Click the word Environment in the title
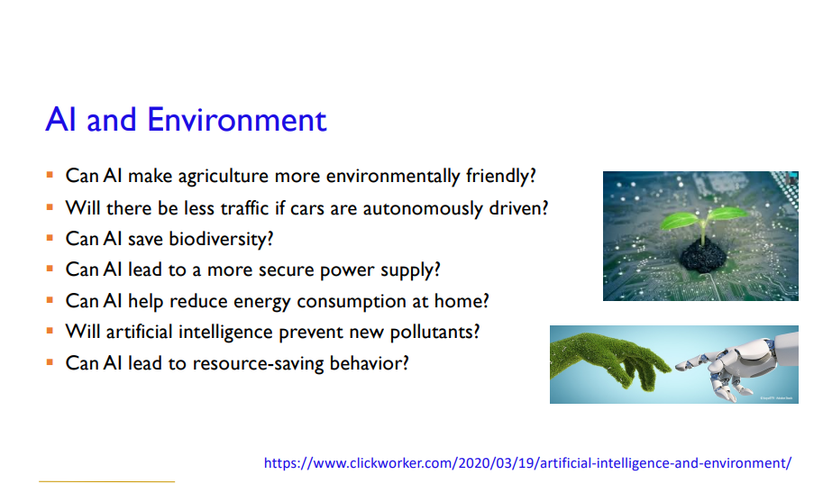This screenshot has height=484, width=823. coord(237,120)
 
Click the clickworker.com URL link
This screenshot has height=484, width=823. coord(527,463)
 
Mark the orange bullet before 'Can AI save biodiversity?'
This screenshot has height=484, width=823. coord(50,238)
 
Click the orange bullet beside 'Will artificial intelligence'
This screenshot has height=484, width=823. coord(50,331)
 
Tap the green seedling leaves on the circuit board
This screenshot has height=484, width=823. coord(703,218)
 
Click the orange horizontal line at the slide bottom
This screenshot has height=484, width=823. coord(106,481)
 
